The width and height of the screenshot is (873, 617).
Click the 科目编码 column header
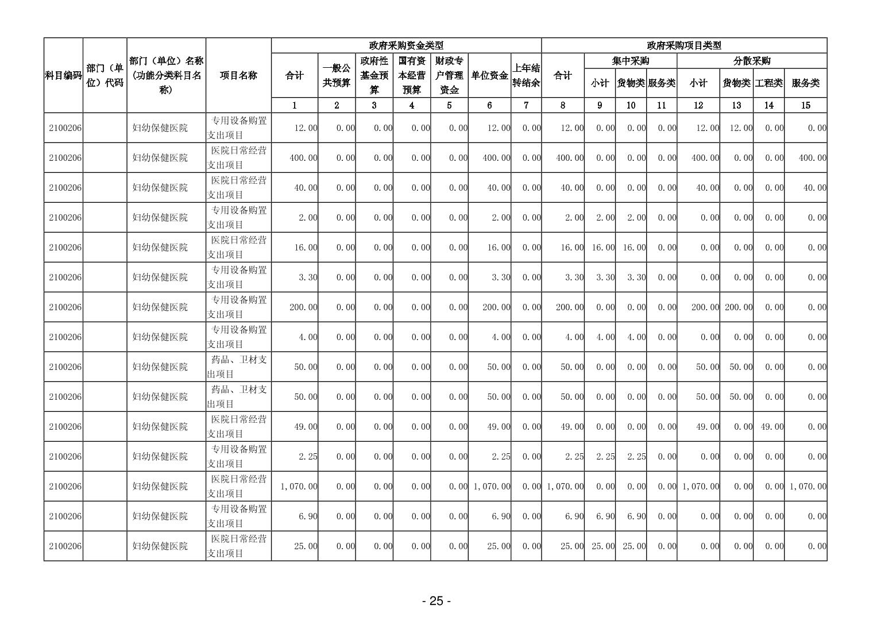63,75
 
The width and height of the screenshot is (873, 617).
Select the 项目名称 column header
238,75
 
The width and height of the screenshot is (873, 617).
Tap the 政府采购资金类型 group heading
406,46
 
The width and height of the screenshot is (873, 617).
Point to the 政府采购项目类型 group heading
683,46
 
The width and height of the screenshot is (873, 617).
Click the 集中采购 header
631,61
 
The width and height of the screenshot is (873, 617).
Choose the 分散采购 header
752,61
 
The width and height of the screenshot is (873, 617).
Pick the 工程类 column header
768,83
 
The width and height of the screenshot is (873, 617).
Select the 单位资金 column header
489,75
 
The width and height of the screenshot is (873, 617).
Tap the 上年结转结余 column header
526,75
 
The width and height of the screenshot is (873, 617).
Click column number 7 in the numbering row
526,105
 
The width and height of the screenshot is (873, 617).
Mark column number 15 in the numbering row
805,105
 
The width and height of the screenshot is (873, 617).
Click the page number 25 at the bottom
436,601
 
